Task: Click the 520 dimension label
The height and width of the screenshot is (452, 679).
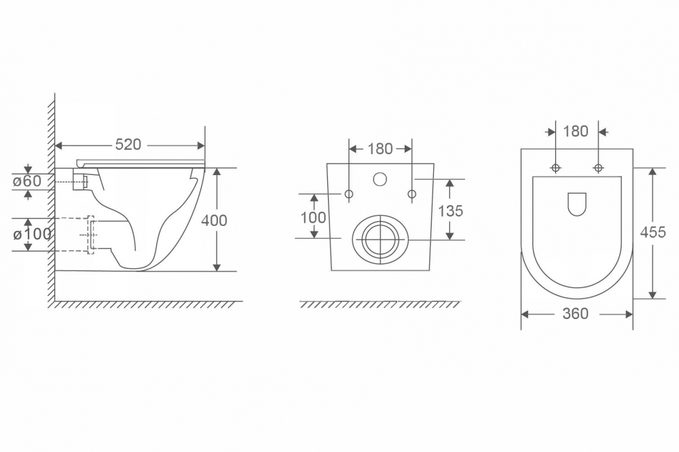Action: click(128, 145)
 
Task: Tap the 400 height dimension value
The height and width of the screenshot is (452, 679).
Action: click(214, 221)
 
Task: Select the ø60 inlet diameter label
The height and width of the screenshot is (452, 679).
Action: click(27, 181)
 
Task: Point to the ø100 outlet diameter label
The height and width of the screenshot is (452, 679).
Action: click(33, 235)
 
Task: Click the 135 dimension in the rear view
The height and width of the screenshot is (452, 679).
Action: click(450, 211)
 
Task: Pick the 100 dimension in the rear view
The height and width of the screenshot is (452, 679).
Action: click(313, 217)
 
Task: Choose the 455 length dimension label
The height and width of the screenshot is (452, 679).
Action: click(653, 233)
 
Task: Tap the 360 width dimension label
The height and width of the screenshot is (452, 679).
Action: click(576, 314)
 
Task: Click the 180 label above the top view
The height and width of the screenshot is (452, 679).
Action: click(576, 131)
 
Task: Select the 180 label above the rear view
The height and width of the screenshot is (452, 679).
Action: click(380, 149)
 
